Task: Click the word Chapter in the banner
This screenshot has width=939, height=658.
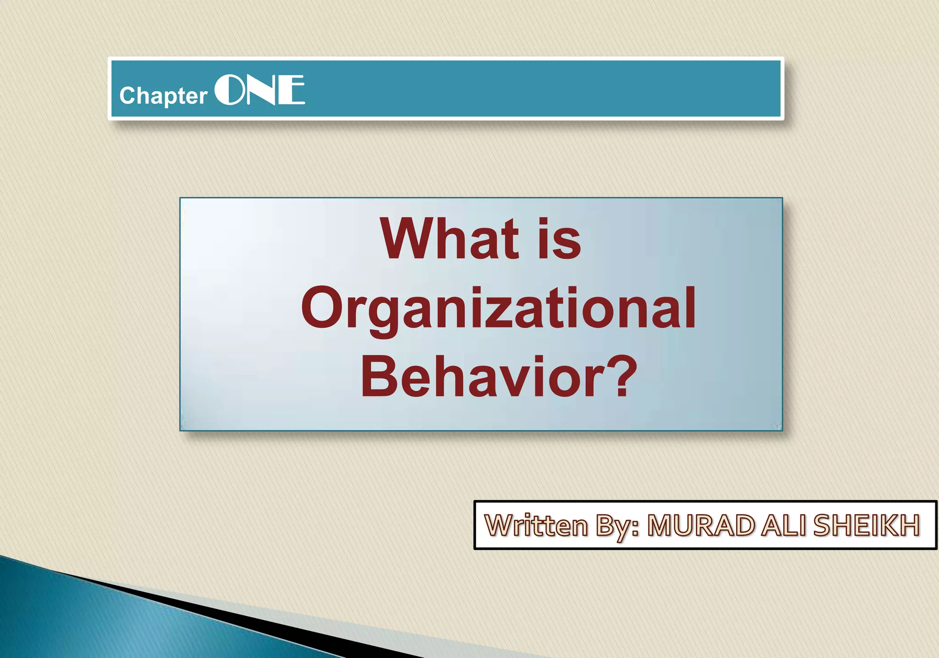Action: tap(163, 96)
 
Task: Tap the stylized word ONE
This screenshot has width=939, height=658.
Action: tap(260, 90)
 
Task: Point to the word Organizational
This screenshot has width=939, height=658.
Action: tap(498, 308)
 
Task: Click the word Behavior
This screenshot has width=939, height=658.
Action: tap(486, 377)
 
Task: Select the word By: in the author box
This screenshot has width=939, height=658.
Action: tap(617, 526)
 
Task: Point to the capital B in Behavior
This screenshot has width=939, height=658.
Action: tap(377, 376)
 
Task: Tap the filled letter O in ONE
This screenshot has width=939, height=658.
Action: tap(229, 90)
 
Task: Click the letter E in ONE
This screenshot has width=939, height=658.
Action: tap(292, 90)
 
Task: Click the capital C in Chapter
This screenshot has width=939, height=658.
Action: tap(127, 95)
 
